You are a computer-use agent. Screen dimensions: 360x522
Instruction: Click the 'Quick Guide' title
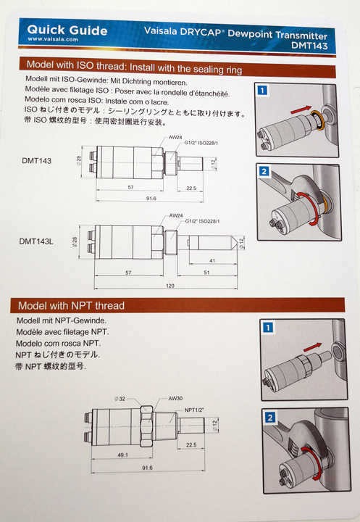[67, 30]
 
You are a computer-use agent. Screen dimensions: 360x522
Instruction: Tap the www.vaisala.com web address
[53, 39]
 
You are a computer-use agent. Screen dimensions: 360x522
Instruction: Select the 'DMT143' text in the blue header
[309, 45]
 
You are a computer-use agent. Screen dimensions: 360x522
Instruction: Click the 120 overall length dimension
[170, 286]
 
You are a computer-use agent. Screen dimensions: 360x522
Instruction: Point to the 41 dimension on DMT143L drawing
[212, 261]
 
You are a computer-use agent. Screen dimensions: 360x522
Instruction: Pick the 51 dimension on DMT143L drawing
[206, 273]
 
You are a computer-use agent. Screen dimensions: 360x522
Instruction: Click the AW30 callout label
[175, 398]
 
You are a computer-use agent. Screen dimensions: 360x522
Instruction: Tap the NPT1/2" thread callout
[194, 410]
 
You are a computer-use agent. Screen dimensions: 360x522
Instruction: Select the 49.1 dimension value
[122, 455]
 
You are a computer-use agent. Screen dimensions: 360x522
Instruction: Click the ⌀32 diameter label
[120, 399]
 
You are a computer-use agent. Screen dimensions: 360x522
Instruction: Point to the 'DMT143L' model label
[36, 241]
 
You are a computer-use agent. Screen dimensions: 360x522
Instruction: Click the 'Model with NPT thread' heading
[71, 306]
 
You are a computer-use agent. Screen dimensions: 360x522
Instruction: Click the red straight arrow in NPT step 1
[313, 347]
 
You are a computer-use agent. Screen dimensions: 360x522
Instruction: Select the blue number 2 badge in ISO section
[264, 171]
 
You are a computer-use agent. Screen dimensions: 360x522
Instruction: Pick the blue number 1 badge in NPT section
[268, 328]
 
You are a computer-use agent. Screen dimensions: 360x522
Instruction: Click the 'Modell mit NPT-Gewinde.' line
[62, 320]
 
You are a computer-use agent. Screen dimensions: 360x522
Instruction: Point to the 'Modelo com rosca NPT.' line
[59, 343]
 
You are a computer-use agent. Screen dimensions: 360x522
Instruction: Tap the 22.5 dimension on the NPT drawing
[191, 444]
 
